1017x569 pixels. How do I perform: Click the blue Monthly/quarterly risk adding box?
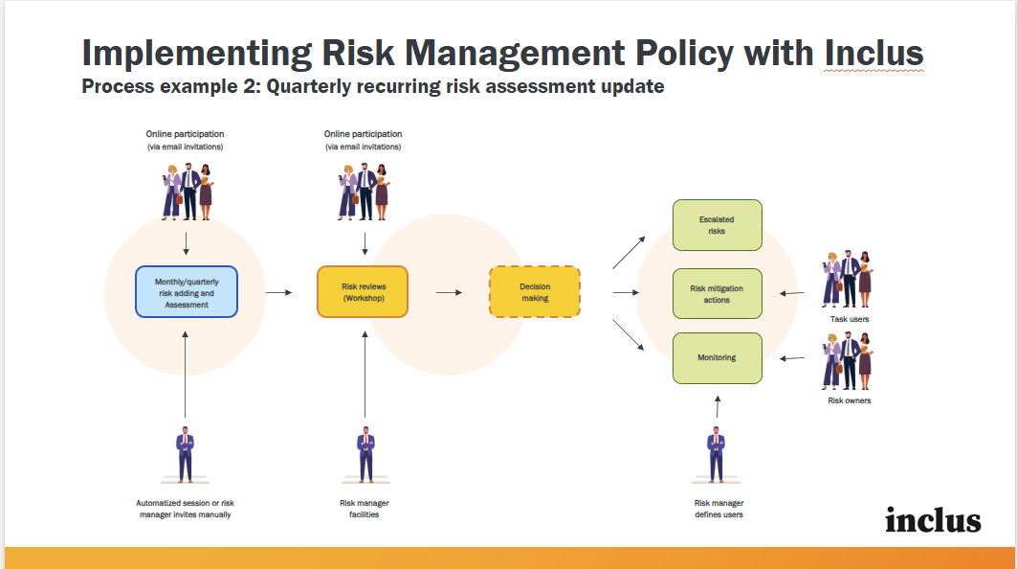[186, 291]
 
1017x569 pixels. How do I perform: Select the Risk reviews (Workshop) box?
[363, 291]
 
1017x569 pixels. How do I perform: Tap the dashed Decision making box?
[535, 291]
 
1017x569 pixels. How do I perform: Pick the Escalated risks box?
[717, 225]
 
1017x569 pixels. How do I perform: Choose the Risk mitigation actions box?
[717, 293]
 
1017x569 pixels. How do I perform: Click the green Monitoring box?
[717, 357]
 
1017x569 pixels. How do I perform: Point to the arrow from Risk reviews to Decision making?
[449, 291]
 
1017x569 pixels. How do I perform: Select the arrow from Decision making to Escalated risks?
[629, 253]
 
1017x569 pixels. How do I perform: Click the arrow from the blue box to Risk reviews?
[277, 291]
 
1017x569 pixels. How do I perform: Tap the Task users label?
[849, 319]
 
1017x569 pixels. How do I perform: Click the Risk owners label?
[849, 400]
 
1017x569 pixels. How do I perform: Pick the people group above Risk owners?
[849, 360]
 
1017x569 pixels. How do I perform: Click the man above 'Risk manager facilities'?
[365, 454]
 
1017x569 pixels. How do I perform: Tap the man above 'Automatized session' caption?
[186, 454]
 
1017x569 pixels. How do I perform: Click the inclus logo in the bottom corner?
[933, 520]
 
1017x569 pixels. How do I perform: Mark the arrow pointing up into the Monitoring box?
[718, 407]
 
